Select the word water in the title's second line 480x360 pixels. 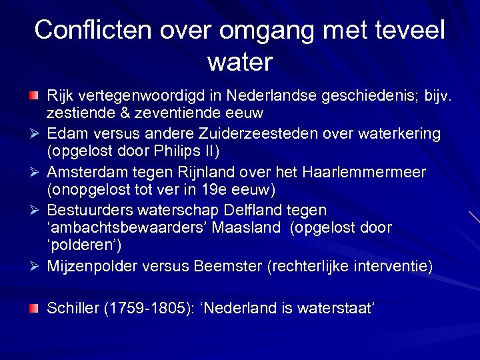point(240,62)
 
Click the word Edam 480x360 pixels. point(66,133)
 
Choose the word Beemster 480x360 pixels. point(228,267)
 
